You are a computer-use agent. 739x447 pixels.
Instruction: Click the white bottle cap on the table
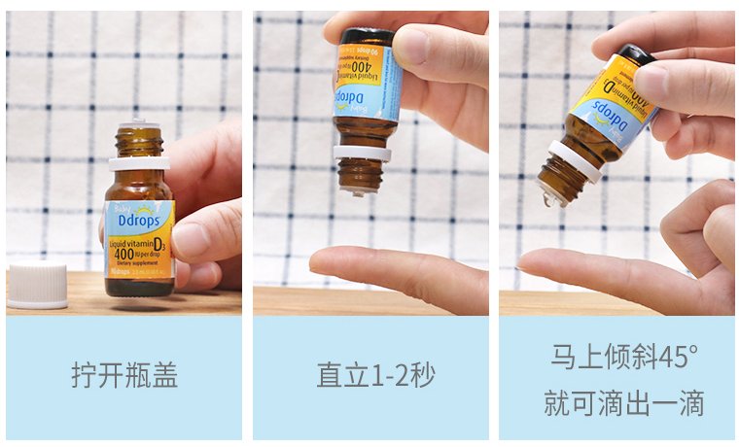click(37, 286)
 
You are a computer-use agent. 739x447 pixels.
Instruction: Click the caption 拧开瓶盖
click(123, 376)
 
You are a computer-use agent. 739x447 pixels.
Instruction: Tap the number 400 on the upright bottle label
click(123, 254)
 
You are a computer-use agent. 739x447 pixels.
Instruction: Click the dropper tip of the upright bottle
click(139, 125)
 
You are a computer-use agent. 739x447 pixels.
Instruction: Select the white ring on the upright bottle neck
click(139, 162)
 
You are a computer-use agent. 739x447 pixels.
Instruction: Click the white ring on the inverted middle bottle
click(362, 153)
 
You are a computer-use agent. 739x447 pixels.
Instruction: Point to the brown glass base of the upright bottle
click(139, 287)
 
